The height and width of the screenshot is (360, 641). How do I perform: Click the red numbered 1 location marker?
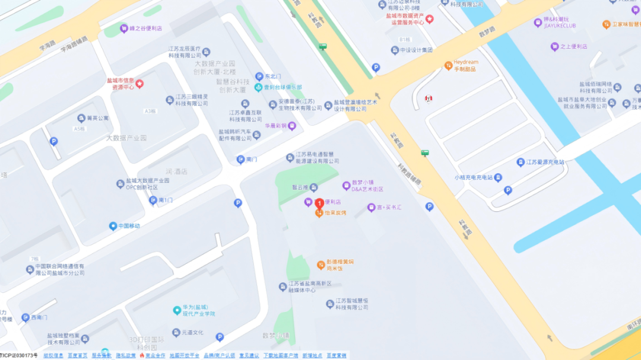click(x=319, y=203)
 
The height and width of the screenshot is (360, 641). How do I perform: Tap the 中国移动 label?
click(x=128, y=226)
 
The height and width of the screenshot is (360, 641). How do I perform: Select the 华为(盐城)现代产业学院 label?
click(x=199, y=310)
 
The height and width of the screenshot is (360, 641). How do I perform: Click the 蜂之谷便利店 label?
click(x=145, y=28)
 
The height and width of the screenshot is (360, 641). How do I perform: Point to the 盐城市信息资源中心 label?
click(x=124, y=84)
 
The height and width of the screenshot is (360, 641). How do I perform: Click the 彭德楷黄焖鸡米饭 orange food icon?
click(x=320, y=265)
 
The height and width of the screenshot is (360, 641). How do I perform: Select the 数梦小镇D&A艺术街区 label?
click(x=367, y=186)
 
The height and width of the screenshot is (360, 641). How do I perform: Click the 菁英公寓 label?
click(x=97, y=118)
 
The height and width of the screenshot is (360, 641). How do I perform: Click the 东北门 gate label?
click(x=272, y=77)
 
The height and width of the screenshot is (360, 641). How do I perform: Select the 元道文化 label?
click(x=192, y=332)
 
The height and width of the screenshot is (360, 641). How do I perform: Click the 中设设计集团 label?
click(x=415, y=50)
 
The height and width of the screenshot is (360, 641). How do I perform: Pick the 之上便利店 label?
click(x=573, y=46)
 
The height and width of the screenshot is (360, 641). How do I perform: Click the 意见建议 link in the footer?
click(x=249, y=355)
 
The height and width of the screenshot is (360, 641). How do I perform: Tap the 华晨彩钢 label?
click(x=276, y=126)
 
